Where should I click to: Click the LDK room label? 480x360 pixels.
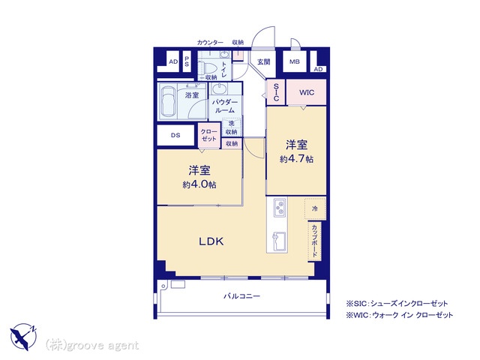coord(211,241)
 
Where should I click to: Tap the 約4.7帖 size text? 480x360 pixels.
coord(296,159)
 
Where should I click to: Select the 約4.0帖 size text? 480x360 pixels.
coord(199,184)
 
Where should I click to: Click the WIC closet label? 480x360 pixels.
coord(307,92)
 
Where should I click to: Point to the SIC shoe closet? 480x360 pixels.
coord(276,92)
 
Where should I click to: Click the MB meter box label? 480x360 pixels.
coord(295,61)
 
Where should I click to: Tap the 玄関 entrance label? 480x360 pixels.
coord(263,61)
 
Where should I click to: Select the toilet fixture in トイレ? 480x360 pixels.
coord(204,67)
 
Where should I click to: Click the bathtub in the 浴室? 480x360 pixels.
coord(167,101)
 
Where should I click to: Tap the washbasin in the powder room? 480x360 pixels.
coord(219,90)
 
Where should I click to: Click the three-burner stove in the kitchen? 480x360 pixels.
coord(280,207)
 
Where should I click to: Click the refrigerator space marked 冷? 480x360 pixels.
coord(315,208)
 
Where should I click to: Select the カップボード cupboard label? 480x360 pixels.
coord(314,241)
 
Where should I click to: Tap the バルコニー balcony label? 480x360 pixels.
coord(241,296)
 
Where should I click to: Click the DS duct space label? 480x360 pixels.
coord(175,135)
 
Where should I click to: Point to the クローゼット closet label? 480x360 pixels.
coord(208,135)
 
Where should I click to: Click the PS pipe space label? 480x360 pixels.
coord(187,61)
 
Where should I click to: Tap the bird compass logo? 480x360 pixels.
coord(23,337)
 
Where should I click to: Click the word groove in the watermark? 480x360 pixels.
coord(82,346)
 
